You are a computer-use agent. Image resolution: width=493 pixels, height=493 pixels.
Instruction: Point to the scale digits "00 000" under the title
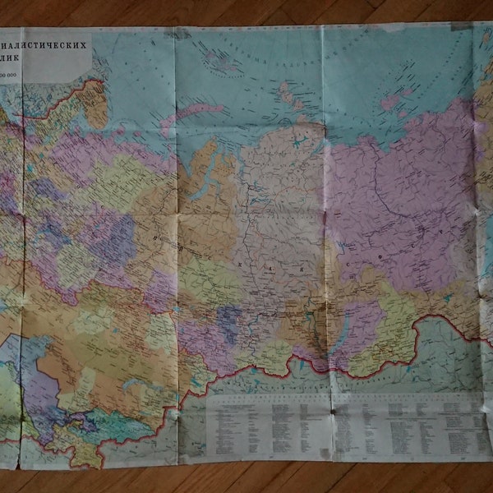pyautogui.click(x=13, y=76)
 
